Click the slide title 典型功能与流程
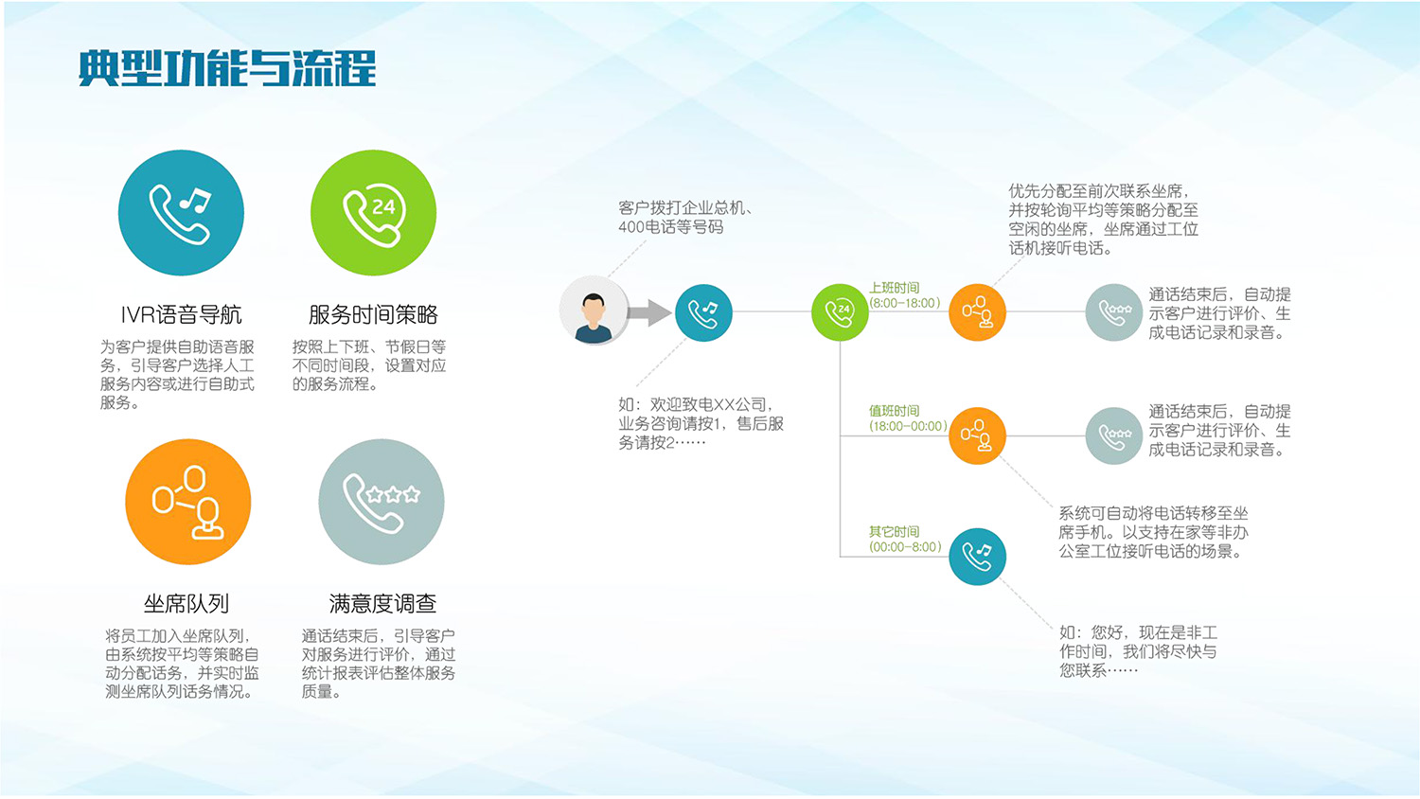click(x=227, y=68)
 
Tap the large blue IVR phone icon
click(x=181, y=213)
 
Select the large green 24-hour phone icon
click(x=373, y=213)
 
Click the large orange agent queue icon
click(x=187, y=502)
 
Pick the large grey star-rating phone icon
click(x=381, y=502)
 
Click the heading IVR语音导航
click(x=181, y=314)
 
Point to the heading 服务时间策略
click(x=373, y=314)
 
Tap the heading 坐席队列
click(x=186, y=603)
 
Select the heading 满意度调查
click(x=382, y=603)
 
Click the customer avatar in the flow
click(x=594, y=311)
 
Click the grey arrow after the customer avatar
click(x=648, y=311)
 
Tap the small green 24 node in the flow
click(x=840, y=312)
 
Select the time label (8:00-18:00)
click(x=905, y=303)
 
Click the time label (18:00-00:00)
click(x=908, y=426)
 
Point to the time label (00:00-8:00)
click(x=905, y=547)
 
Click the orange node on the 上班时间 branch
click(x=977, y=312)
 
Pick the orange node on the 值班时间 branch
click(x=977, y=435)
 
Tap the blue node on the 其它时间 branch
click(x=977, y=557)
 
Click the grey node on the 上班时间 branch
click(x=1114, y=312)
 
